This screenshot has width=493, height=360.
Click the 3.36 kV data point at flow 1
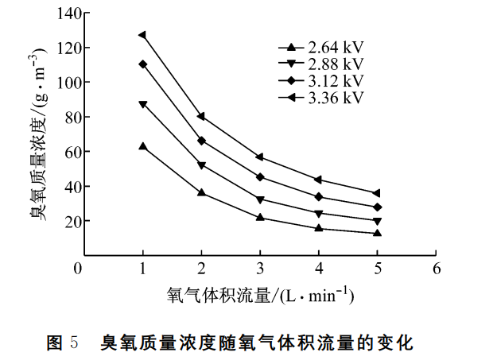tap(142, 35)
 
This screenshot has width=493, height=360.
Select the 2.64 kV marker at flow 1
tap(142, 146)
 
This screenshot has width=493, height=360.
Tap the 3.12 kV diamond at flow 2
tap(201, 141)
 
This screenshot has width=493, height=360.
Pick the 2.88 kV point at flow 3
tap(260, 199)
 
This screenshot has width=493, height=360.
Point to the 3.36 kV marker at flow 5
tap(377, 193)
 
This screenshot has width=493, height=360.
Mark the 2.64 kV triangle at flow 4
tap(319, 228)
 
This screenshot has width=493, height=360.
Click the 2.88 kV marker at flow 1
tap(142, 104)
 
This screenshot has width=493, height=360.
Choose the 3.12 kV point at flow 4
tap(319, 197)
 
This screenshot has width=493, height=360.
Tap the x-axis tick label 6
tap(436, 269)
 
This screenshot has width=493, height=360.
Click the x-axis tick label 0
tap(78, 269)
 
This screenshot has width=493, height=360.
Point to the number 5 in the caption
tap(73, 343)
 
